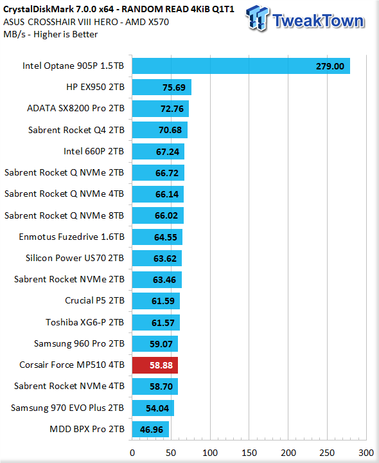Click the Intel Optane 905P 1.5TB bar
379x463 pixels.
pos(241,66)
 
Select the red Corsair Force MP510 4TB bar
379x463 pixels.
pos(155,365)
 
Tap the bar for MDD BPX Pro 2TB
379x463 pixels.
pos(150,429)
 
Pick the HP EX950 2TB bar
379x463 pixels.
pos(162,87)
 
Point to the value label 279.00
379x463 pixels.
pos(330,66)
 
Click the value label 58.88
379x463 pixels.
pos(161,365)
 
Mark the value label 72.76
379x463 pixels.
pos(172,109)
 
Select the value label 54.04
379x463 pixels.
pos(157,408)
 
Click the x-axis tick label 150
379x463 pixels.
pos(249,453)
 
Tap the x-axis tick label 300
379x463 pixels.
pos(366,453)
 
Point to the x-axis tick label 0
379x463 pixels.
pos(132,453)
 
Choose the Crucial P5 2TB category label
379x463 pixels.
pos(94,300)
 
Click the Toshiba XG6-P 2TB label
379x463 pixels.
pos(85,322)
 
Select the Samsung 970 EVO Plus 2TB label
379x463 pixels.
pos(67,408)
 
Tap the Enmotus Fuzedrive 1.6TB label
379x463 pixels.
pos(72,237)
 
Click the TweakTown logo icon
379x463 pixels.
pos(257,18)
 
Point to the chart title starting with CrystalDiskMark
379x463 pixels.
pos(119,10)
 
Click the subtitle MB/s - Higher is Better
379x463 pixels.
pos(51,34)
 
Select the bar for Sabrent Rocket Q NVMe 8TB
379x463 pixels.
pos(158,215)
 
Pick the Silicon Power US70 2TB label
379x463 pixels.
pos(75,258)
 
